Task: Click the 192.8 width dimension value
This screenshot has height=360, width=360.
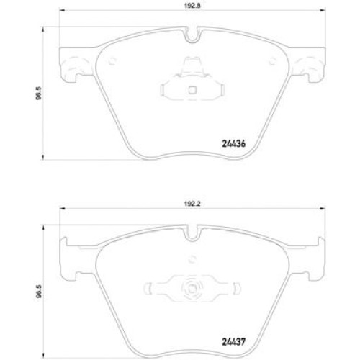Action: point(192,6)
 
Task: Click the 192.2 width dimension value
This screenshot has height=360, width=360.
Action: point(192,204)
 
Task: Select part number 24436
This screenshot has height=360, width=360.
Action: point(234,144)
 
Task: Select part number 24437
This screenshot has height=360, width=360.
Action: point(234,342)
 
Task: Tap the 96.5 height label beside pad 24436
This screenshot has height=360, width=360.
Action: point(39,93)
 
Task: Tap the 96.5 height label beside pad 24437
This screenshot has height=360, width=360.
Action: point(39,292)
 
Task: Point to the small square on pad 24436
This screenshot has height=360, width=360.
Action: point(192,90)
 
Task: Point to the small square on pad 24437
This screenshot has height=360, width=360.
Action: point(192,289)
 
